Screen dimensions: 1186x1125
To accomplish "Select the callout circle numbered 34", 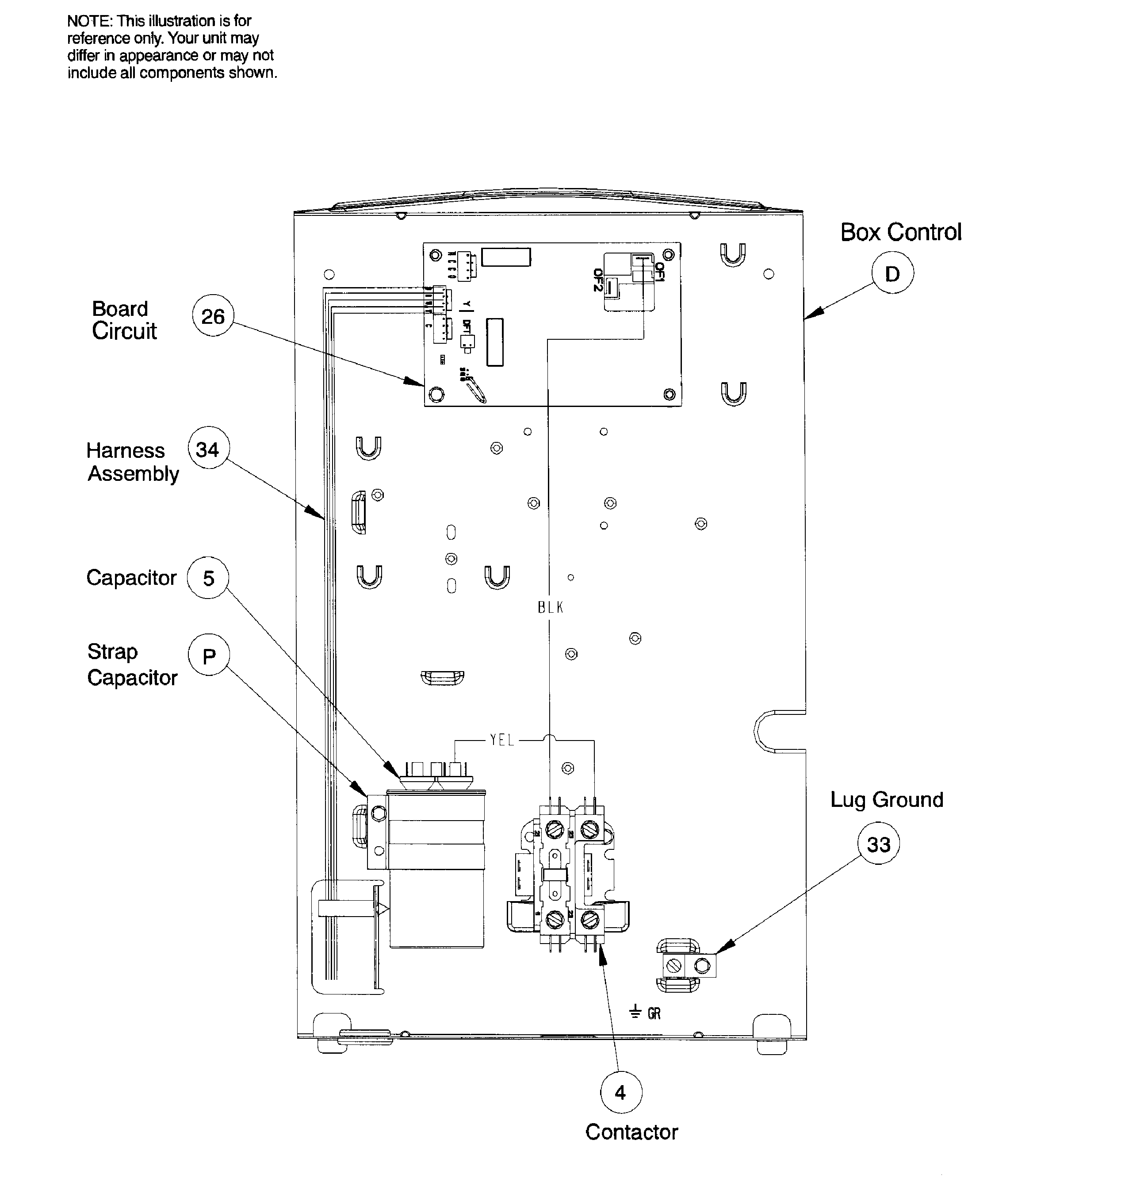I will (208, 448).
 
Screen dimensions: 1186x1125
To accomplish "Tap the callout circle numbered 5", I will (208, 578).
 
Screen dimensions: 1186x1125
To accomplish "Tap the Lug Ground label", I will (886, 800).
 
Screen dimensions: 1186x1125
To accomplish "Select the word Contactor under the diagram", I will (631, 1132).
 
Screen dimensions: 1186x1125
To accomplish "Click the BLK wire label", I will (550, 608).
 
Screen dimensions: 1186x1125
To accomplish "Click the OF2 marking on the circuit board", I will (597, 280).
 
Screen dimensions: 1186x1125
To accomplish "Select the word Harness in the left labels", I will (125, 450).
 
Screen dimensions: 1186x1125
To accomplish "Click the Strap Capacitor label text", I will (132, 665).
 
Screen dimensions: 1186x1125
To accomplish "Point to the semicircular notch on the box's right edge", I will (771, 731).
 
